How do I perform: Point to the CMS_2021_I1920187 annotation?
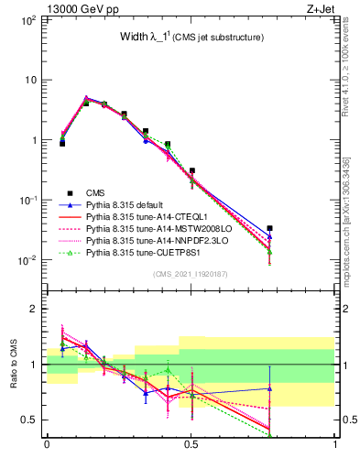pyautogui.click(x=191, y=274)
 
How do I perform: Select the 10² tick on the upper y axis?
pyautogui.click(x=29, y=19)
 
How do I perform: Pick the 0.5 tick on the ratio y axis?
pyautogui.click(x=29, y=420)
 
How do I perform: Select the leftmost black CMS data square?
pyautogui.click(x=62, y=143)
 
